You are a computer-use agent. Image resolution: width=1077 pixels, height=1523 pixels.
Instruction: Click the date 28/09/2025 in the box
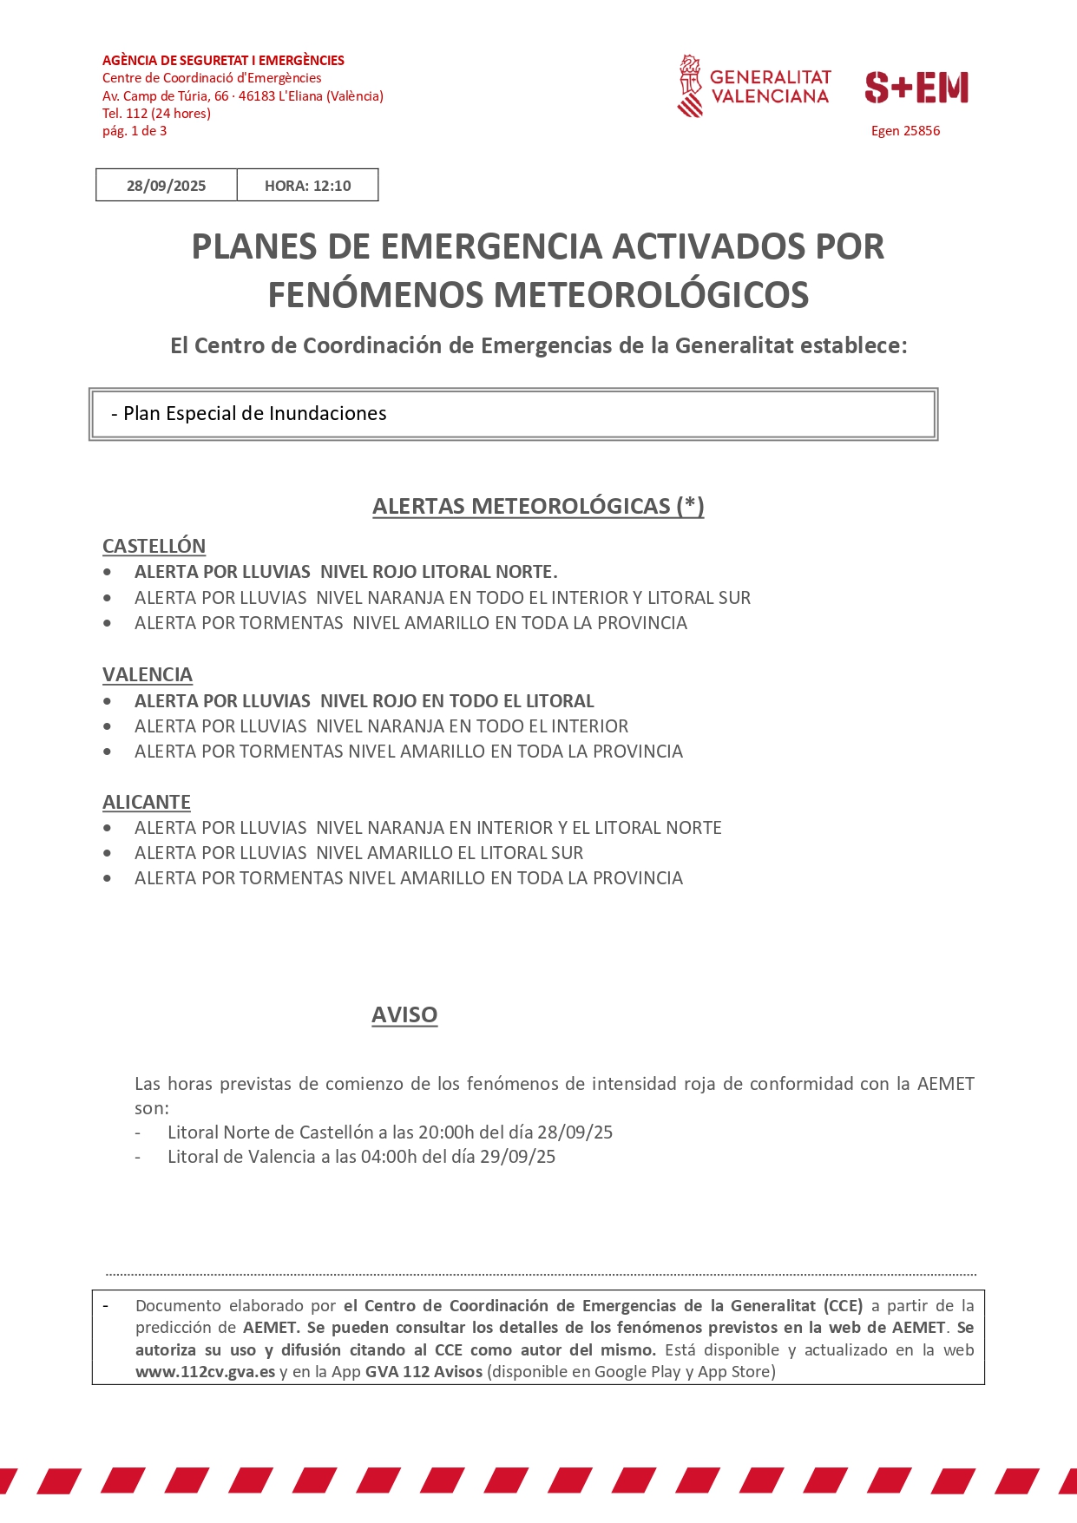point(166,186)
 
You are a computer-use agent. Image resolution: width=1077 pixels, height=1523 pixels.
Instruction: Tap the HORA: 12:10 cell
point(307,186)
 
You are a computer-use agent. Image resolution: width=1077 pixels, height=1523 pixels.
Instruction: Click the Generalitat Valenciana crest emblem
point(690,86)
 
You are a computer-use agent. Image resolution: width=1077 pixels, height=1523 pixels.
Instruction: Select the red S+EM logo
point(916,88)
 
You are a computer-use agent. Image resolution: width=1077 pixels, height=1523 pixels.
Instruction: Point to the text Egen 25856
point(905,131)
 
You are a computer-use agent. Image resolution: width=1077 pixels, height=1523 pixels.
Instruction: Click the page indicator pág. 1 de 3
point(135,131)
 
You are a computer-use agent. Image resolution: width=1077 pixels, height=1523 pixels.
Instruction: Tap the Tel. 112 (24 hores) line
point(156,114)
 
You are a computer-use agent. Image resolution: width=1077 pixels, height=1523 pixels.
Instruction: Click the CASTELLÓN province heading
point(154,546)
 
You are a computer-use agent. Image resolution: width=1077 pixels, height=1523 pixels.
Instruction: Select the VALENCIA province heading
point(148,674)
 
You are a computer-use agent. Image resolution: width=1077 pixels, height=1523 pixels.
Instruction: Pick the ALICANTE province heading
point(147,802)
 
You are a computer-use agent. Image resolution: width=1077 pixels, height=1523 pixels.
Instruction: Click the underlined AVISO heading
point(404,1014)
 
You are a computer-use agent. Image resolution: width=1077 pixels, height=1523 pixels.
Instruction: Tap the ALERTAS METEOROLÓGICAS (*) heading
point(538,506)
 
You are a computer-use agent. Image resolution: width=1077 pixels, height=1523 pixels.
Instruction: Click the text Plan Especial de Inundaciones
point(254,414)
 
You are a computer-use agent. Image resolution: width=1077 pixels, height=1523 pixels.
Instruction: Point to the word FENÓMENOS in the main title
point(376,295)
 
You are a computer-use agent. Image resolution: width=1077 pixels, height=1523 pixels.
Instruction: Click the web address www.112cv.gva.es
point(205,1372)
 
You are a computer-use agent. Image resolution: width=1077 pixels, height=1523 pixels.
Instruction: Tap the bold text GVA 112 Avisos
point(424,1372)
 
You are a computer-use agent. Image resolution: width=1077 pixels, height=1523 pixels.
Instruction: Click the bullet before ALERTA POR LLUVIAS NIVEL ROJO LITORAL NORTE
point(107,572)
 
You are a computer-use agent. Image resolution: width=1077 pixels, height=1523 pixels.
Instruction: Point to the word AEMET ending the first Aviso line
point(945,1084)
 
